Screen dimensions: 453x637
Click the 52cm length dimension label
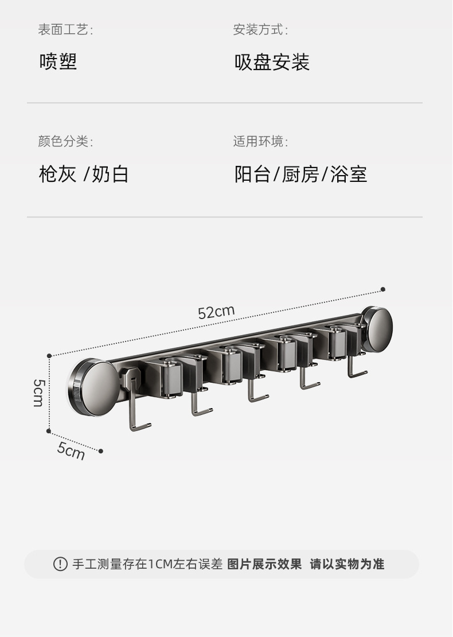(x=216, y=312)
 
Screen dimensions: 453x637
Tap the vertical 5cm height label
(x=38, y=393)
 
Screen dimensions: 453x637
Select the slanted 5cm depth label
(x=71, y=450)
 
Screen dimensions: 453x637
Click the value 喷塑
(x=58, y=62)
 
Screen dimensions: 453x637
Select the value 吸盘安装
(x=272, y=62)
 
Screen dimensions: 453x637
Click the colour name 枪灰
(x=57, y=174)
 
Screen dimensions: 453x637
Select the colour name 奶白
(x=110, y=174)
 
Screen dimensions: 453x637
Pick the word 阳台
(x=252, y=174)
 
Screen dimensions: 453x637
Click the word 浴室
(x=349, y=174)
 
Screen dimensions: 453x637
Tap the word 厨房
(x=300, y=174)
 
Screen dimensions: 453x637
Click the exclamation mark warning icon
(x=60, y=564)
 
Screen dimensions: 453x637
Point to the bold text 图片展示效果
(x=264, y=564)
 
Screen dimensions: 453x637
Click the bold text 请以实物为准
(x=347, y=564)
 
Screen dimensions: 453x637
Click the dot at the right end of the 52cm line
(x=383, y=290)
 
